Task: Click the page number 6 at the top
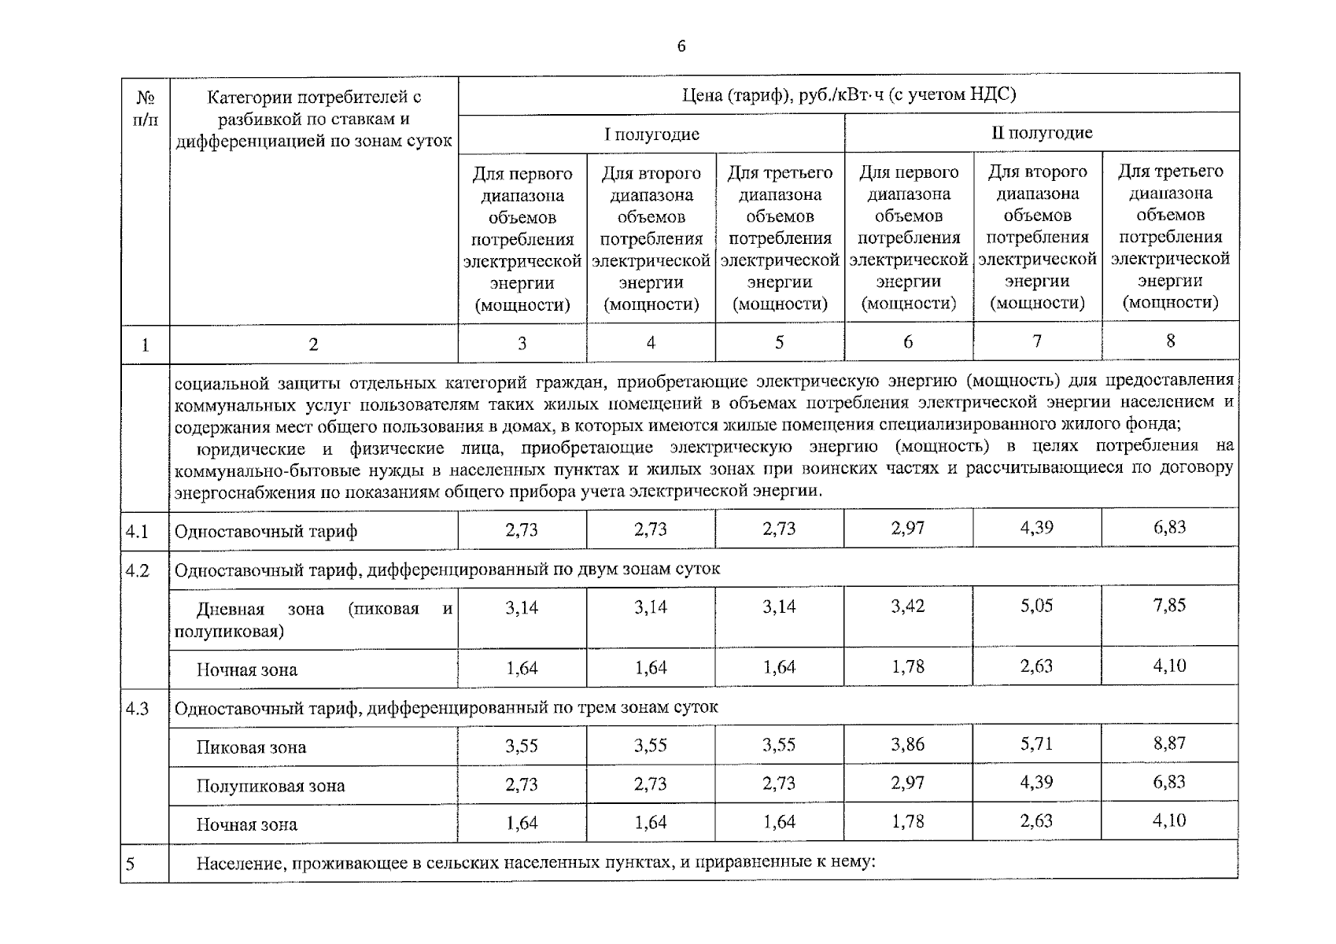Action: [x=681, y=46]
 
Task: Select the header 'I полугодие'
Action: [x=651, y=134]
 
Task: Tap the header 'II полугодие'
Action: [x=1042, y=132]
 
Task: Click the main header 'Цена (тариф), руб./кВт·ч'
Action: [x=849, y=95]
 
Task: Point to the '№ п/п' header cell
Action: [x=146, y=109]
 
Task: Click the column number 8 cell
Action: [x=1171, y=341]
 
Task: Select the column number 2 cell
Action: [x=313, y=344]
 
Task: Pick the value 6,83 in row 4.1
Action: [x=1170, y=528]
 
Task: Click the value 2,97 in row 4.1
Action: [x=908, y=529]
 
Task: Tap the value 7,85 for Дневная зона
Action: [x=1170, y=606]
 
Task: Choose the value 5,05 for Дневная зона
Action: [x=1036, y=606]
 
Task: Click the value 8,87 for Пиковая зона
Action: [x=1170, y=743]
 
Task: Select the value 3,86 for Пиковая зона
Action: [x=908, y=744]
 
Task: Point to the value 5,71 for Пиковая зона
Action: [x=1036, y=743]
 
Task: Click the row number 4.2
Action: [x=138, y=570]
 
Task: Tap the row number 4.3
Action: [x=138, y=708]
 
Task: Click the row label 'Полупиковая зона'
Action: [x=270, y=785]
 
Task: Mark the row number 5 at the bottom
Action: [x=131, y=864]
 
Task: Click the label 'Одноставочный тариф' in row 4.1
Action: [x=266, y=532]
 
